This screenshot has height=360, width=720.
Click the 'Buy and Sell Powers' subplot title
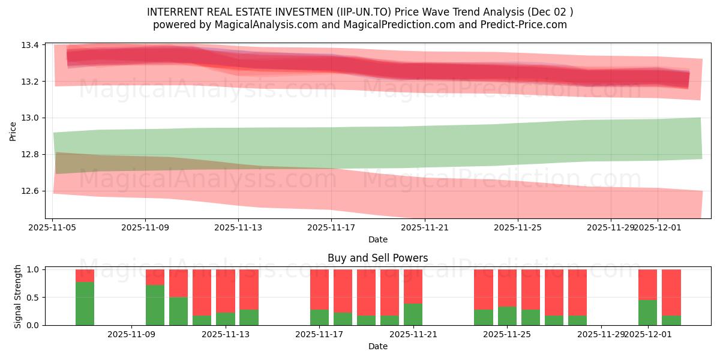click(377, 259)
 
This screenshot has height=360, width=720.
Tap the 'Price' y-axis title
click(13, 131)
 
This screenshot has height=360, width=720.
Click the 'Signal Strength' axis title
click(18, 296)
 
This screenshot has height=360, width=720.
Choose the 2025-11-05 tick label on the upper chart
click(53, 228)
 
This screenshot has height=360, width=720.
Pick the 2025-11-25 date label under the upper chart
click(517, 228)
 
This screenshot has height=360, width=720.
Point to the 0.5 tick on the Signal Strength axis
click(34, 298)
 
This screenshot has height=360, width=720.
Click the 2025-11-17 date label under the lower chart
click(319, 335)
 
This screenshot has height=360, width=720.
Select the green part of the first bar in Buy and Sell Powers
click(85, 304)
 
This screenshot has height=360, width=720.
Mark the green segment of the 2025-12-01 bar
click(647, 313)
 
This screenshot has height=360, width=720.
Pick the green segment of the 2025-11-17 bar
click(319, 317)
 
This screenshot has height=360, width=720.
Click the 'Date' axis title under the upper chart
click(377, 240)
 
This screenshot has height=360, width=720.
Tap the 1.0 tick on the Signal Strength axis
click(34, 269)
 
